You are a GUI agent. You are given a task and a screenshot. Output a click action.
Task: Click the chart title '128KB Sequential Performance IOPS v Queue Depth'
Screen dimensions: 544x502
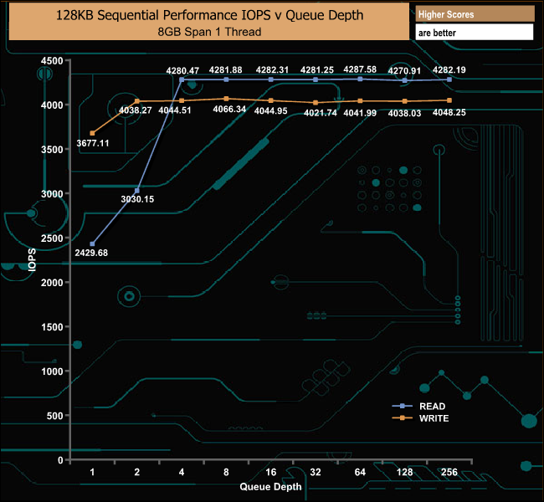pyautogui.click(x=209, y=15)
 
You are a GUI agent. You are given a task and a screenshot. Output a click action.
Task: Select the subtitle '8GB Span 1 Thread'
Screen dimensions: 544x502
pyautogui.click(x=209, y=32)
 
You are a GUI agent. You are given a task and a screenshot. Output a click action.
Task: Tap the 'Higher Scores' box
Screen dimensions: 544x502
pyautogui.click(x=475, y=14)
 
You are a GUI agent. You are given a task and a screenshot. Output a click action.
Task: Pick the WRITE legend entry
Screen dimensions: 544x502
pyautogui.click(x=420, y=418)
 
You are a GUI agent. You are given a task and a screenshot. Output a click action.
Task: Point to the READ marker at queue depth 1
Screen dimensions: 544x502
pyautogui.click(x=92, y=243)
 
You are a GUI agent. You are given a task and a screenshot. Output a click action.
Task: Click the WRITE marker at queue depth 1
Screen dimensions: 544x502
pyautogui.click(x=92, y=133)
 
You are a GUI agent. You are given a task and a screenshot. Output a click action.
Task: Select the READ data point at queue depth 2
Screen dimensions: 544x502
pyautogui.click(x=137, y=191)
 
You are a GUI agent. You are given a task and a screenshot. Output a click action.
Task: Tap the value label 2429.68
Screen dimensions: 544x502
pyautogui.click(x=91, y=253)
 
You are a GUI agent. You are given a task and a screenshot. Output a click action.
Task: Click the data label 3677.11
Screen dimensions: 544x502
pyautogui.click(x=93, y=143)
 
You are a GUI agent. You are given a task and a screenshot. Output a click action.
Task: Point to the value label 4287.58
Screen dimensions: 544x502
pyautogui.click(x=360, y=69)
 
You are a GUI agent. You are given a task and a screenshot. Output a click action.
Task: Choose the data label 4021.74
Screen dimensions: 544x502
pyautogui.click(x=321, y=113)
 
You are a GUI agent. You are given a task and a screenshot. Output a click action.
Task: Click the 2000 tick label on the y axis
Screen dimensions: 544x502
pyautogui.click(x=52, y=283)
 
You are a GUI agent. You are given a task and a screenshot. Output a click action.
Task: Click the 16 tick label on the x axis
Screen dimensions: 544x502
pyautogui.click(x=270, y=472)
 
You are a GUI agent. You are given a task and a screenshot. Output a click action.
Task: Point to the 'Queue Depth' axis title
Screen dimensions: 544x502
pyautogui.click(x=270, y=487)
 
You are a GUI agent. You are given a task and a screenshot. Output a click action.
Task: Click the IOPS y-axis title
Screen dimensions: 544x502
pyautogui.click(x=32, y=259)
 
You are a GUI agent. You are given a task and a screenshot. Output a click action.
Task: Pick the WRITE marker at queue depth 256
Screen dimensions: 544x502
pyautogui.click(x=449, y=100)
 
